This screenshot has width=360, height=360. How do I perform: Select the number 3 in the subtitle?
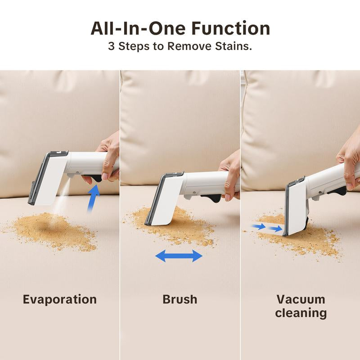click(112, 46)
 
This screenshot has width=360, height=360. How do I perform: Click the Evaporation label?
click(60, 299)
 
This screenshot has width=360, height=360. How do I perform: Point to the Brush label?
click(180, 299)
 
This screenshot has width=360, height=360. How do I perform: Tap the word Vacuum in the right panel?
click(301, 299)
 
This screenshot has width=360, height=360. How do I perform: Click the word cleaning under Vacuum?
click(301, 313)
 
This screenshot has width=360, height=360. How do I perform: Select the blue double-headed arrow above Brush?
click(179, 256)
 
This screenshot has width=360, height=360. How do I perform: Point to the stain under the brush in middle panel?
click(180, 225)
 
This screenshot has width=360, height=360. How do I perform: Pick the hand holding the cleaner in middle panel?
click(230, 175)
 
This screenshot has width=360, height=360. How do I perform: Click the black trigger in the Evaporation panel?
click(94, 178)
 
